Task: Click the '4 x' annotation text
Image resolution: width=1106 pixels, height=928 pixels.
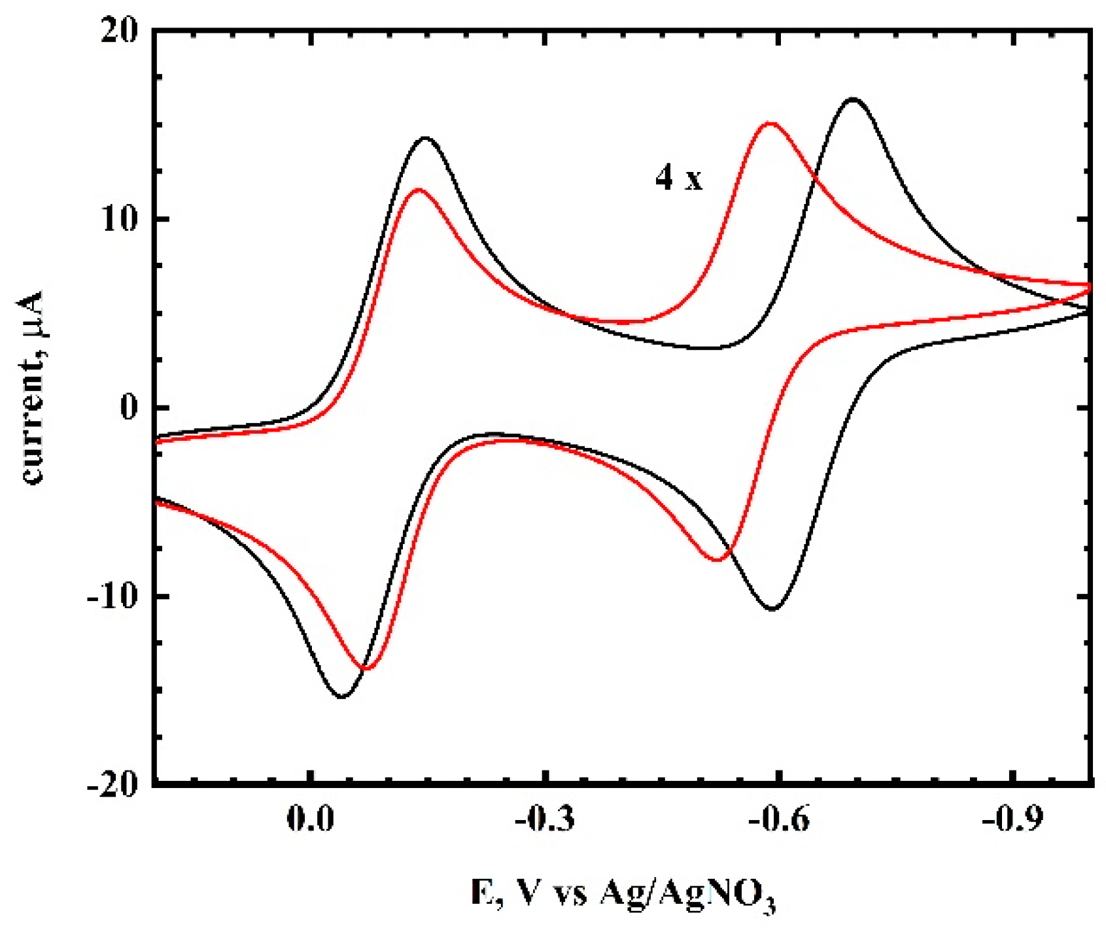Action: point(679,177)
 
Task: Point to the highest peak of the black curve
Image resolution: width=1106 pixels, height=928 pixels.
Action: point(853,99)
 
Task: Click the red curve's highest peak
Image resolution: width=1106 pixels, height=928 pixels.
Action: point(771,123)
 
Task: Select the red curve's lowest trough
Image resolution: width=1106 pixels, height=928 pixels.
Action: point(366,668)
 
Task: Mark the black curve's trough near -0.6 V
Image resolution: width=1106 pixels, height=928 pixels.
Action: point(772,609)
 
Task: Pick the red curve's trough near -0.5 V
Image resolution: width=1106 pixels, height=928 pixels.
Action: point(717,560)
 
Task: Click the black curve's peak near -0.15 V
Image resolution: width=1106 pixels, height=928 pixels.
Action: point(426,138)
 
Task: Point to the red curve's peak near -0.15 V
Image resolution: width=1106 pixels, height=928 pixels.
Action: point(418,190)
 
